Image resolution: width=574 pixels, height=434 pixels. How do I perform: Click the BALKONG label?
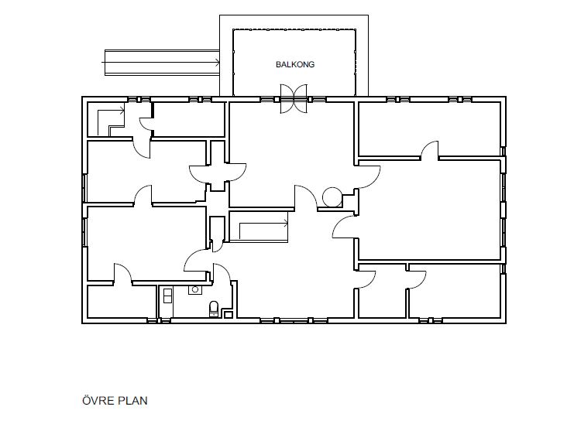tap(295, 64)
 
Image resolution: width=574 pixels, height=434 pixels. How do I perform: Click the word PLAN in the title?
tap(132, 401)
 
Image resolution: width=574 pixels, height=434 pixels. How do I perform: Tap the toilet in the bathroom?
tap(214, 309)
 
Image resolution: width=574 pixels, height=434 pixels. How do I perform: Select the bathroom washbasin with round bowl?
tap(195, 290)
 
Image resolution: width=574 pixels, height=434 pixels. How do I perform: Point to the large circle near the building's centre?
tap(332, 196)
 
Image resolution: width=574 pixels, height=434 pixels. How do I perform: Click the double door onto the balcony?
tap(294, 99)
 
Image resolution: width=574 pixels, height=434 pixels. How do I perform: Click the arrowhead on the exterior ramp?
tap(218, 62)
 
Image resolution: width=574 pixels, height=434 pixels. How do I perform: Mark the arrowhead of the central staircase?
tap(286, 221)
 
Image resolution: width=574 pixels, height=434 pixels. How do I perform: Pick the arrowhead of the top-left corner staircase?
tap(122, 108)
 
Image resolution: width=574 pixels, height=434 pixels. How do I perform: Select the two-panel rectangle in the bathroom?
tap(167, 296)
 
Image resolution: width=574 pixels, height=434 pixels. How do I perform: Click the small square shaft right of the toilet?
tap(228, 314)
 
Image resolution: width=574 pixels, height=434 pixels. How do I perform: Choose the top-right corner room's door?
tap(429, 150)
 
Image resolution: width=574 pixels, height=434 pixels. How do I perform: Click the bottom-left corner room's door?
tap(122, 272)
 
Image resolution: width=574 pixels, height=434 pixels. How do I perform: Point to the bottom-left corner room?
tap(122, 301)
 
